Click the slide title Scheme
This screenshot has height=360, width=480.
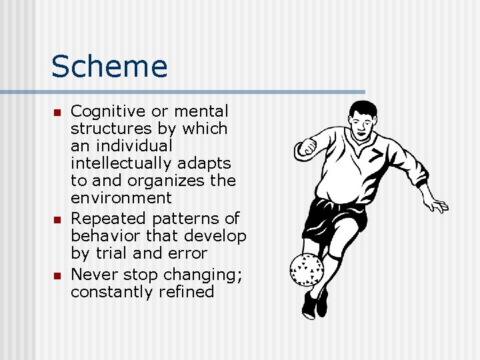click(109, 67)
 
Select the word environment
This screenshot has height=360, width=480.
click(121, 198)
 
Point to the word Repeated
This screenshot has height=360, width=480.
click(106, 219)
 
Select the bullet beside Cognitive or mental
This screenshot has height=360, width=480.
click(57, 112)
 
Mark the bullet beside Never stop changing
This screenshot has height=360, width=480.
click(57, 275)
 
